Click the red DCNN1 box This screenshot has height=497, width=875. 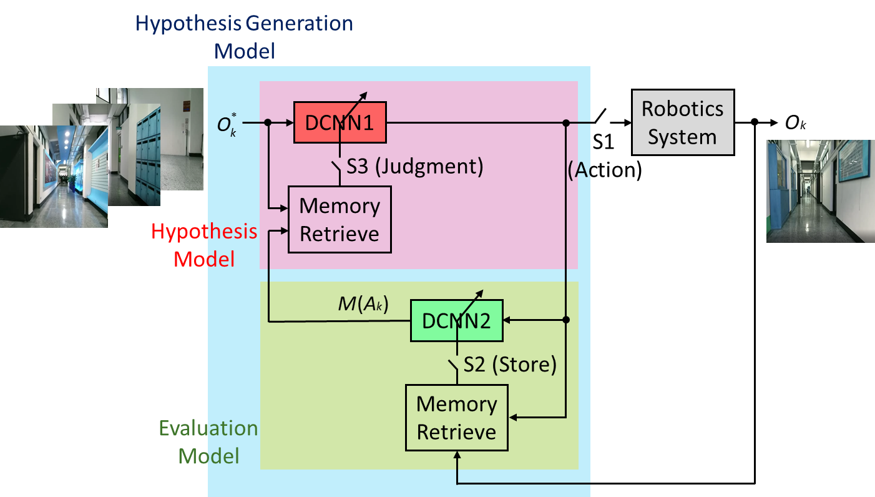tap(340, 122)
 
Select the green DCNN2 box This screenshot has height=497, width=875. tap(456, 320)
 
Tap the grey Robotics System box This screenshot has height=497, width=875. tap(682, 122)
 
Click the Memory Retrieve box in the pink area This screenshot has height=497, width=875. tap(340, 219)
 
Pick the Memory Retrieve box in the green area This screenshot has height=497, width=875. tap(456, 418)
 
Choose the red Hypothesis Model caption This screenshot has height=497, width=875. tap(205, 244)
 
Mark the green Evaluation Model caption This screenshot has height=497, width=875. tap(208, 441)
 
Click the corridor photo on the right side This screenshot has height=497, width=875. tap(820, 191)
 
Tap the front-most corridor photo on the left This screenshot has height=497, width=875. tap(54, 177)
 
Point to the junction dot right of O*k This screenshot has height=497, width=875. tap(268, 123)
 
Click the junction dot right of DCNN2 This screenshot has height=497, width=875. tap(566, 320)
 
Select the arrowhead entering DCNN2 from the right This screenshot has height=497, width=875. tap(507, 320)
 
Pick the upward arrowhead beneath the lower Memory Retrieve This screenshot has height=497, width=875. tap(457, 456)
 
